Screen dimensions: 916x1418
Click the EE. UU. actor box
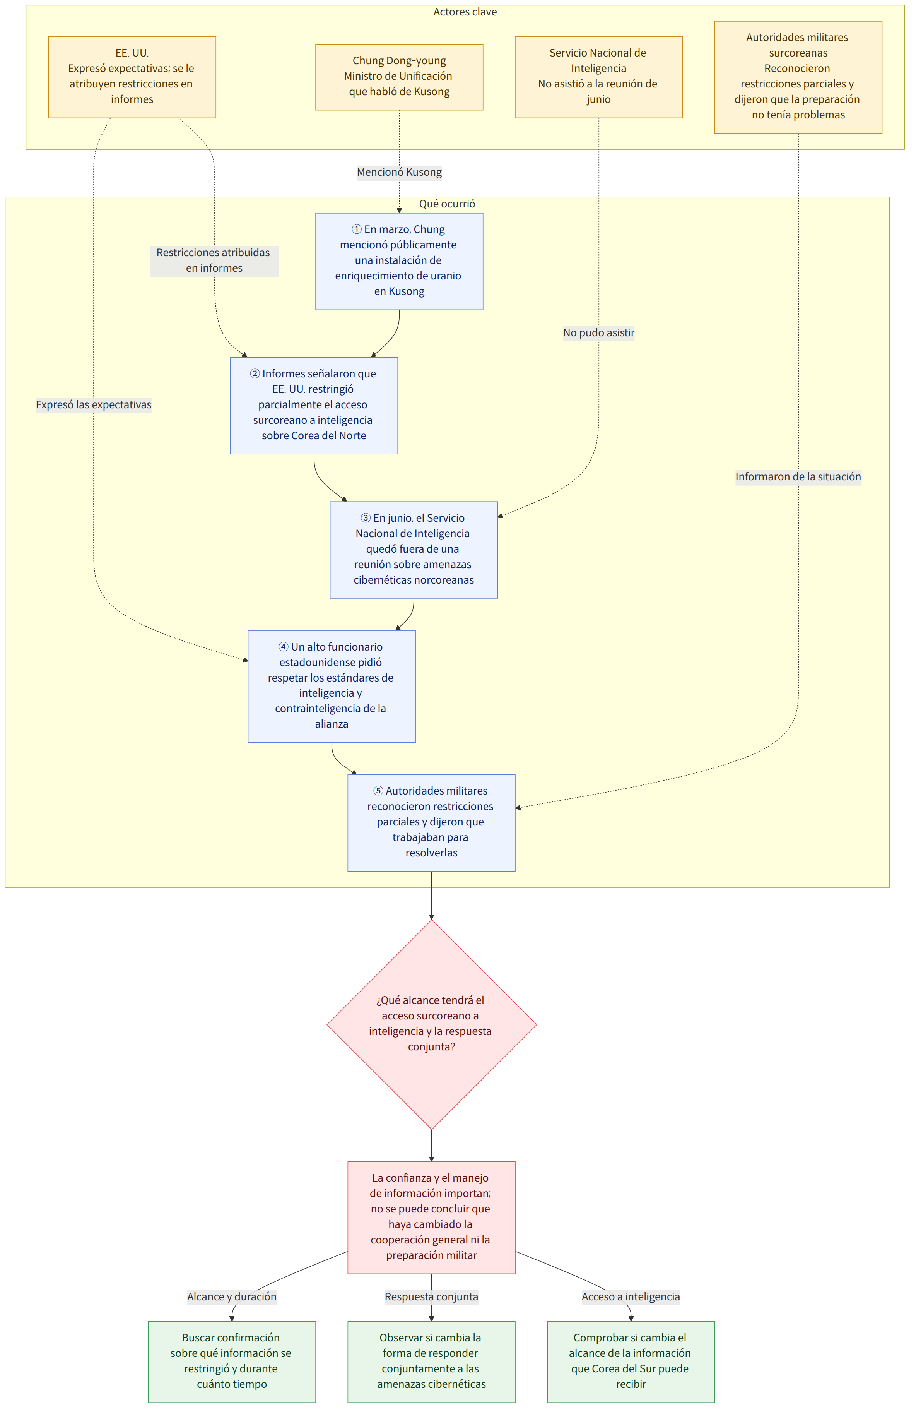coord(132,77)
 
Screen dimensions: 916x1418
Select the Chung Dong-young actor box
coord(399,77)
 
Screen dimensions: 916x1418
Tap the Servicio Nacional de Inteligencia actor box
coord(598,77)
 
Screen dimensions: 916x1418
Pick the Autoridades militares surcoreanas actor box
coord(798,77)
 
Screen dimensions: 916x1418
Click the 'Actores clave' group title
coord(465,12)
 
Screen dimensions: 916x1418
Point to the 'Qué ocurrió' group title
coord(447,204)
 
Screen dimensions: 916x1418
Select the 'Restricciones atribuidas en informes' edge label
coord(214,260)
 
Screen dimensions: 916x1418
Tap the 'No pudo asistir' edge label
coord(599,332)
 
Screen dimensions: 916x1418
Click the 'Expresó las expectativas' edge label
coord(93,405)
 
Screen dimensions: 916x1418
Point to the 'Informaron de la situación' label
coord(798,477)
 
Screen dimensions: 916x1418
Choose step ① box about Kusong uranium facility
coord(399,261)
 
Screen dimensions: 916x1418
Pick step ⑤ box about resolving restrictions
coord(432,823)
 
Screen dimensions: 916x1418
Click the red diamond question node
coord(432,1025)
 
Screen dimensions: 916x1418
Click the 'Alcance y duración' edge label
coord(232,1296)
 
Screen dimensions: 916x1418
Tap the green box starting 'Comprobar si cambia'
coord(631,1362)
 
